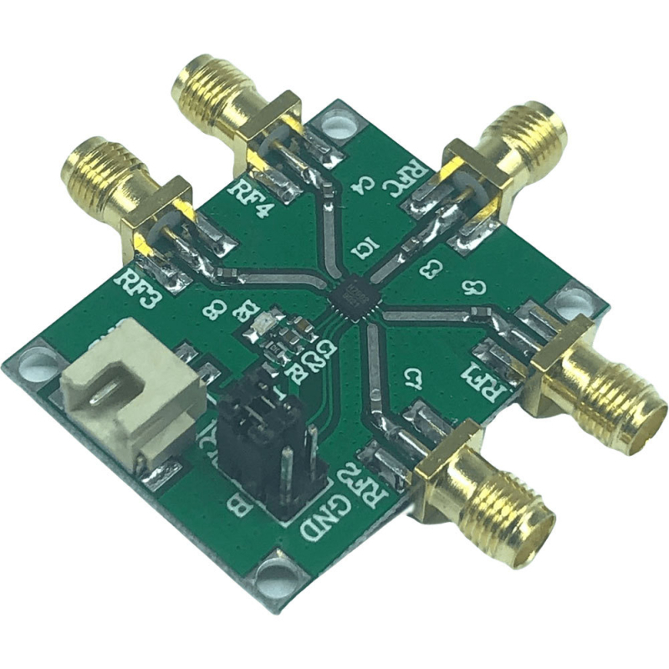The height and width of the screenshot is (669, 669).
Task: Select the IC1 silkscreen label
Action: [365, 248]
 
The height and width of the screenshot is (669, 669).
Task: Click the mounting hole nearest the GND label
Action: [274, 577]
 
